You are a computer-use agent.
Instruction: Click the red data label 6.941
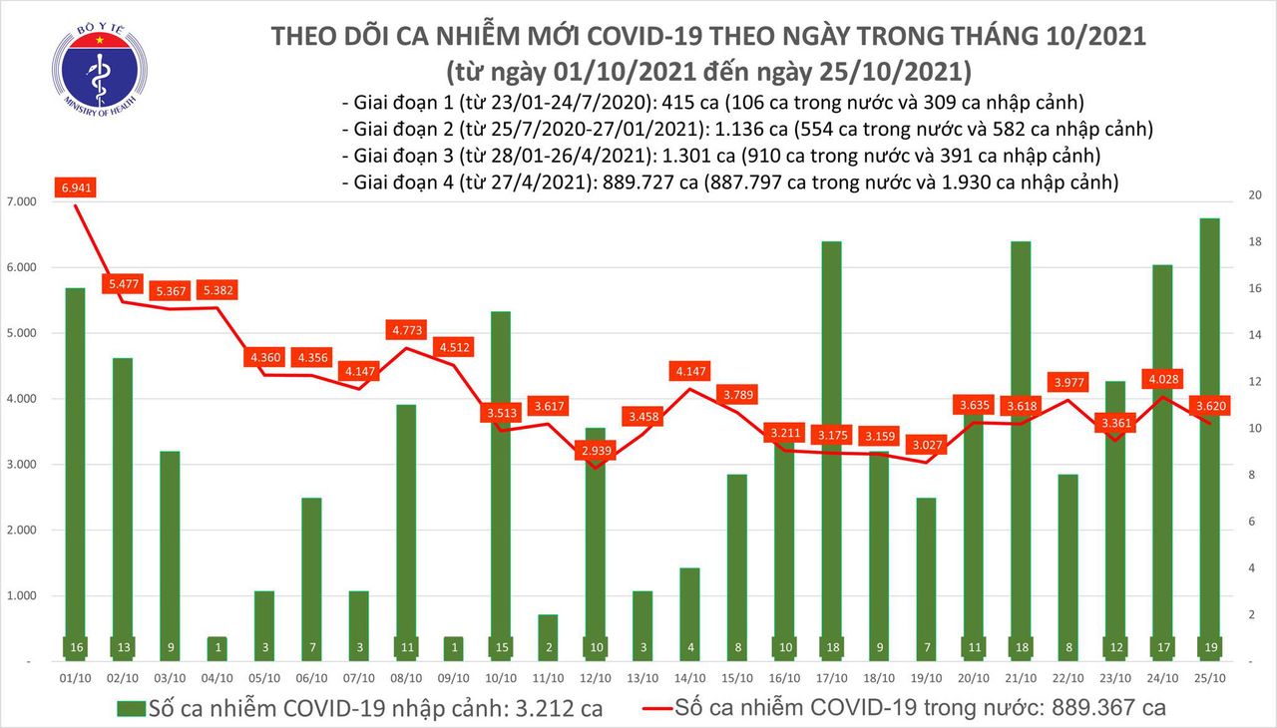click(82, 187)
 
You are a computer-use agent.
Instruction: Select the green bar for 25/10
click(1208, 439)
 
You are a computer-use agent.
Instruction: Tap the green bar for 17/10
click(830, 449)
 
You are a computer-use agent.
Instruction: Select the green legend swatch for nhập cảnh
click(131, 709)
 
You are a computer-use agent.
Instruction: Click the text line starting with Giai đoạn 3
click(720, 156)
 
